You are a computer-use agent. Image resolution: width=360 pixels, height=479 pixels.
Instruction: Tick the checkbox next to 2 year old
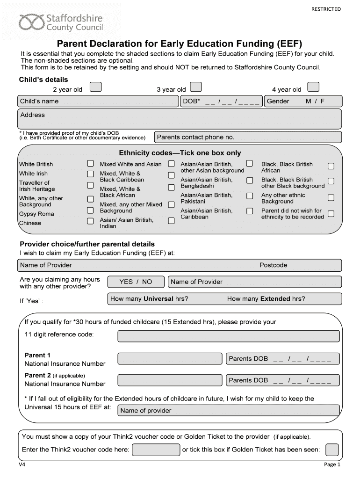click(95, 87)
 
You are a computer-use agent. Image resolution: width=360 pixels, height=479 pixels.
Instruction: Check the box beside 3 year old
click(196, 87)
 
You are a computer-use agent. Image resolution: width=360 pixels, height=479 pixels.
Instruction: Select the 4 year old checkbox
click(313, 87)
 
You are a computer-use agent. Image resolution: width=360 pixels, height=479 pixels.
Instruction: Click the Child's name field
click(98, 102)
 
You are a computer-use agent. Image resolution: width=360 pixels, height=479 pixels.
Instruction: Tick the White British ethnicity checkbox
click(91, 164)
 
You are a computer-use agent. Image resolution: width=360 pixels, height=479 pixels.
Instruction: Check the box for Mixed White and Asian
click(172, 164)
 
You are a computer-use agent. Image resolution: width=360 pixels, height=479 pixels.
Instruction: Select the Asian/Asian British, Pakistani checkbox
click(250, 195)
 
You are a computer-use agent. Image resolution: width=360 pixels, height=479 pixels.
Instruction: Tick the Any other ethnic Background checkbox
click(331, 198)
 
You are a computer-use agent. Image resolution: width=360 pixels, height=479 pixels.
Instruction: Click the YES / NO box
click(136, 282)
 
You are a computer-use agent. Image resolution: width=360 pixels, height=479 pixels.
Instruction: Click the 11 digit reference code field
click(228, 336)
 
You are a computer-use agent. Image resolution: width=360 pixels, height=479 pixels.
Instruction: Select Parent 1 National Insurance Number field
click(170, 359)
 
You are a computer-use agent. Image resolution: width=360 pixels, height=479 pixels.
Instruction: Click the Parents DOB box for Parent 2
click(282, 380)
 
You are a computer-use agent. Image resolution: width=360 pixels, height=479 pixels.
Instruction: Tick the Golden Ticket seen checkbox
click(331, 450)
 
